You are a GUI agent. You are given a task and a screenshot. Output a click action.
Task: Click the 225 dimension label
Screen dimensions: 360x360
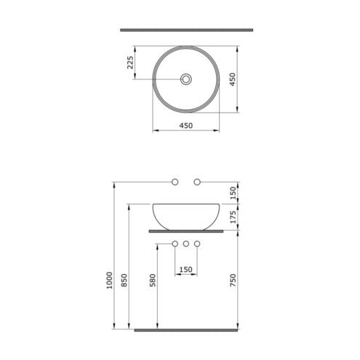(x=130, y=63)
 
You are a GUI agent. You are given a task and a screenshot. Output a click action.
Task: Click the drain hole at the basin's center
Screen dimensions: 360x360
(x=186, y=79)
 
